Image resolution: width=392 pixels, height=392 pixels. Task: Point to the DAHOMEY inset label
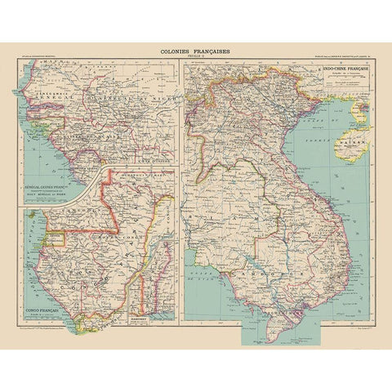pos(142,312)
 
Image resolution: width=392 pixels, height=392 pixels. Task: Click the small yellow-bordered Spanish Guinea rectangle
pos(56,238)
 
